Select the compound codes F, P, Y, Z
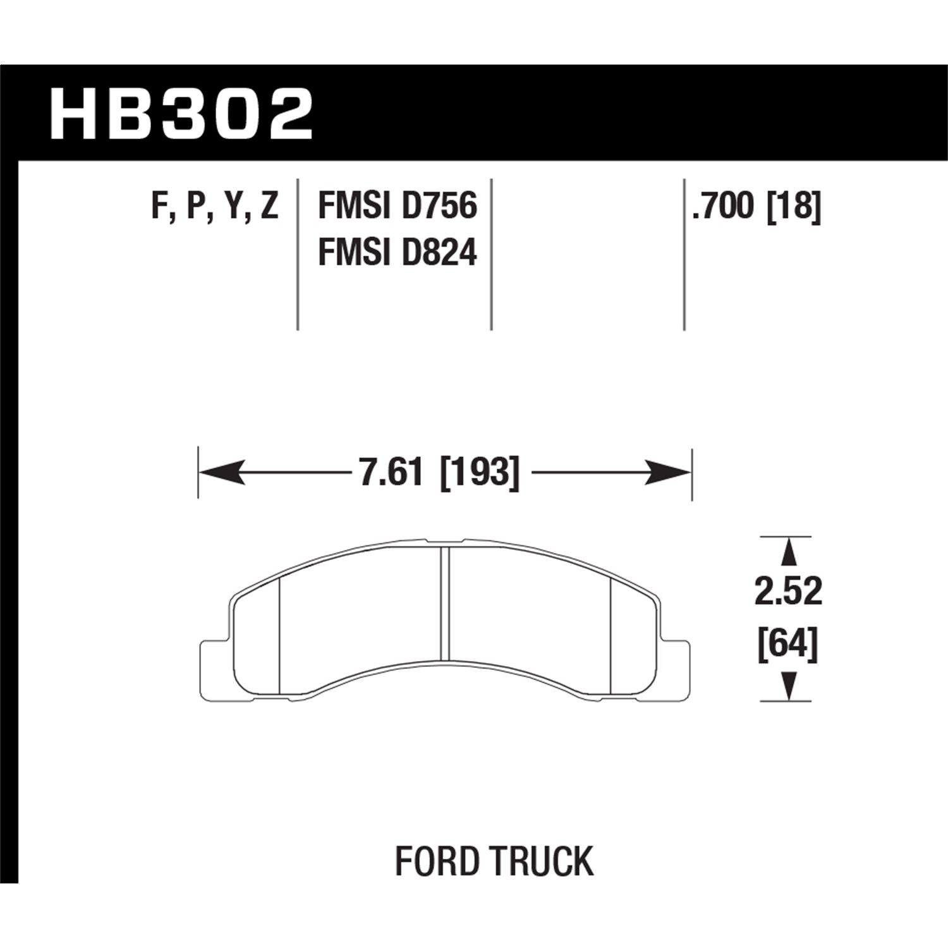(x=215, y=207)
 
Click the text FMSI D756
(x=397, y=207)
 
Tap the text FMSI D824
(x=397, y=253)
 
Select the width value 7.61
(x=390, y=473)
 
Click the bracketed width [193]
(x=478, y=473)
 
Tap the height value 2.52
(x=788, y=593)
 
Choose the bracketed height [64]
(x=788, y=645)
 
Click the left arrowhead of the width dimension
(x=221, y=472)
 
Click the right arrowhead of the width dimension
(x=669, y=472)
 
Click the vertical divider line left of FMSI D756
(x=298, y=253)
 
